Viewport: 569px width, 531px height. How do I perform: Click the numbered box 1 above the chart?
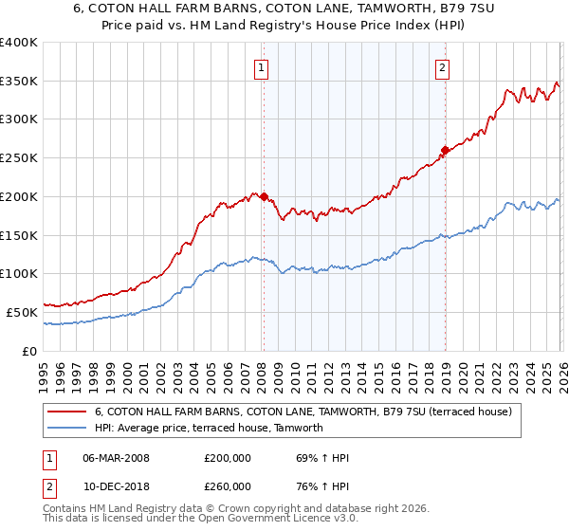[x=260, y=67]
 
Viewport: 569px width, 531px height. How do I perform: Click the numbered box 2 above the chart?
[x=443, y=67]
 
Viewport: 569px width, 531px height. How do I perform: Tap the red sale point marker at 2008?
[x=264, y=197]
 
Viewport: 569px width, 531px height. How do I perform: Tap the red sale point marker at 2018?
[x=444, y=150]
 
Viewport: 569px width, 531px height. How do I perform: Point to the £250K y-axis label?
[x=18, y=158]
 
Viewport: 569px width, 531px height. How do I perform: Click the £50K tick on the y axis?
[x=22, y=312]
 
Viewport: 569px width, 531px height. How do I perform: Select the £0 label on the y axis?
[x=29, y=351]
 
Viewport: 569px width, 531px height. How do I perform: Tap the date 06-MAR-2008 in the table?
[x=117, y=459]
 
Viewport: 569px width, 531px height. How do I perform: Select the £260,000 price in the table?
[x=228, y=485]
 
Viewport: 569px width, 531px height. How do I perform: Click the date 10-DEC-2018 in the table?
[x=117, y=485]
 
